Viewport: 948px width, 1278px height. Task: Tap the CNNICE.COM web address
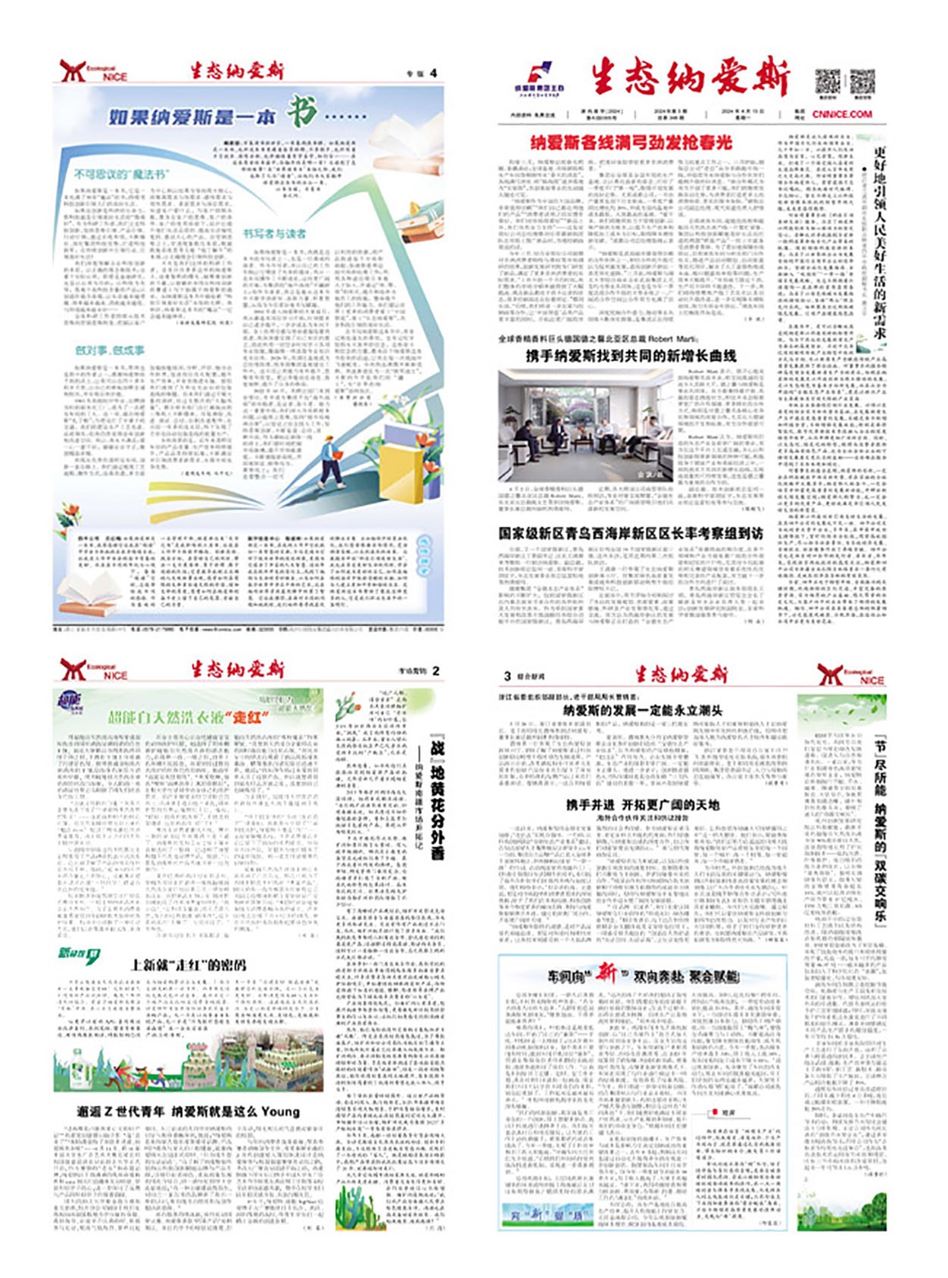point(842,114)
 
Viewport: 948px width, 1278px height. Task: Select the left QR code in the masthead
point(827,81)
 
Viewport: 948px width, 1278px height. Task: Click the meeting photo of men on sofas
point(585,425)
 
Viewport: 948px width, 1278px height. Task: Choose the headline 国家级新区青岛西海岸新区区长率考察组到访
point(631,534)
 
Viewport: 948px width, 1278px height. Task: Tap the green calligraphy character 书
point(301,114)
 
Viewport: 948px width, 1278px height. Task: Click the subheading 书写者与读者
point(274,234)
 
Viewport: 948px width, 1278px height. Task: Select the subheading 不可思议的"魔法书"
point(121,174)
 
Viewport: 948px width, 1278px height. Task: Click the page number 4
point(433,73)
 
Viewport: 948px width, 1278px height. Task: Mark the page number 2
point(435,671)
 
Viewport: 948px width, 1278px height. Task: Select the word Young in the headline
point(280,1111)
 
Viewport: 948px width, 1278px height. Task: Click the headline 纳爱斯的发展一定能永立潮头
point(642,710)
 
